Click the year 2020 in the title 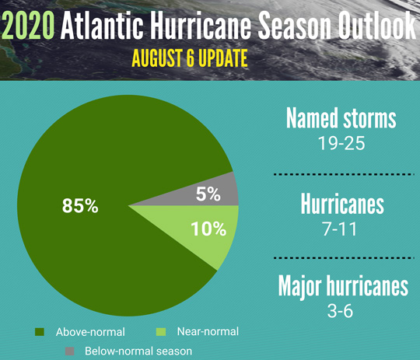pos(28,26)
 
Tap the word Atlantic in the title pos(102,26)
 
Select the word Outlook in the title pos(377,26)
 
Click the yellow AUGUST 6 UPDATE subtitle pos(190,58)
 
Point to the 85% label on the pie pos(80,206)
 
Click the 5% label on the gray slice pos(208,194)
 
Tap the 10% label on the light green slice pos(208,229)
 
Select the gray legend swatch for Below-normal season pos(70,351)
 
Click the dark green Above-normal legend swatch pos(40,332)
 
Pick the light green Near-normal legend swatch pos(161,332)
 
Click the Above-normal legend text pos(90,332)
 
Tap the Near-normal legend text pos(208,331)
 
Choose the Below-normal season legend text pos(138,351)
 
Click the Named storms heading pos(341,118)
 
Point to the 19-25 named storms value pos(341,143)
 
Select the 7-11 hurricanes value pos(340,229)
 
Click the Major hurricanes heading pos(343,287)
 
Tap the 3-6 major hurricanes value pos(340,311)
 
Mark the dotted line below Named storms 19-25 pos(345,174)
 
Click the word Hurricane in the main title pos(201,26)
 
